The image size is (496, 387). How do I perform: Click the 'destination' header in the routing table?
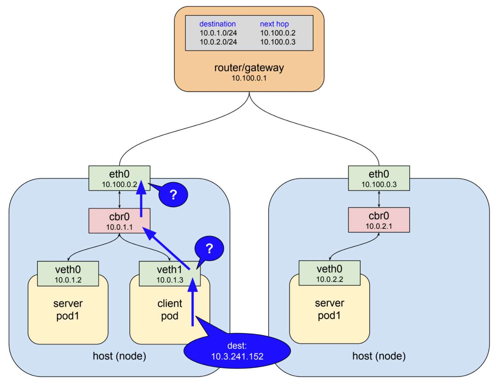[217, 24]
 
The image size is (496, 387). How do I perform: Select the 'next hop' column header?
[274, 24]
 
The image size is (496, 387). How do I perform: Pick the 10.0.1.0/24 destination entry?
[218, 33]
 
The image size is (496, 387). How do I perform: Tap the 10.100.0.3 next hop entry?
[278, 42]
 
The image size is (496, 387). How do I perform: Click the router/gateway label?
[249, 68]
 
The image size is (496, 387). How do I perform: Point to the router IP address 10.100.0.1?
[249, 78]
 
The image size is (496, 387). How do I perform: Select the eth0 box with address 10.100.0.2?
[119, 178]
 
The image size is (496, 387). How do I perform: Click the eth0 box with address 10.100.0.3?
[379, 178]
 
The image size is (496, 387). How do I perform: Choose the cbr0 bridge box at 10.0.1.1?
[119, 221]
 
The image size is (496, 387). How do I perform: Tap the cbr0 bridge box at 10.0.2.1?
[379, 220]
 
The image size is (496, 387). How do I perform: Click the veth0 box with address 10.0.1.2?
[68, 274]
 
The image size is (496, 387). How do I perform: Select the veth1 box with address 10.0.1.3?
[170, 274]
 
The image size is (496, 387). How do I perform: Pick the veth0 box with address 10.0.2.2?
[329, 273]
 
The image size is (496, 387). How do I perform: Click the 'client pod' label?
[170, 309]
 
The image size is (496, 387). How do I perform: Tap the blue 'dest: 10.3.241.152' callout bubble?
[237, 351]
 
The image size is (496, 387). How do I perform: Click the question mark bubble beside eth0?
[173, 195]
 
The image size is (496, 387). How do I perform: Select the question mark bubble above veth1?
[209, 249]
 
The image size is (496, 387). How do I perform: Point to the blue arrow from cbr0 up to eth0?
[141, 200]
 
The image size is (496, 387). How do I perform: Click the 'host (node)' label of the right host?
[379, 356]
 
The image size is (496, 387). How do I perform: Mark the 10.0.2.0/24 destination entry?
[218, 42]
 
